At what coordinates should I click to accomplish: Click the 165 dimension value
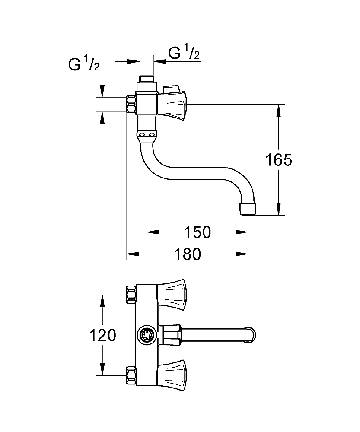point(278,160)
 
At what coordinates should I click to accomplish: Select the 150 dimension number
point(198,232)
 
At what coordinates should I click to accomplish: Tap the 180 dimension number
point(188,254)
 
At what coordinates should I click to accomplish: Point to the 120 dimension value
point(102,335)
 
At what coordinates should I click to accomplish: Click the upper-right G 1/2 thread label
point(184,52)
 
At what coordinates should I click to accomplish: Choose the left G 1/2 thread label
point(84,63)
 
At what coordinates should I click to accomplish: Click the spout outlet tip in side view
point(248,209)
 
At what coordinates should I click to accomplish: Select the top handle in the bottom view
point(172,295)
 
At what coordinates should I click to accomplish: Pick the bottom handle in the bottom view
point(172,375)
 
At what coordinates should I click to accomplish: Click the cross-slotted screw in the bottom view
point(146,335)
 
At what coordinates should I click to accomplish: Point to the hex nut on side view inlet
point(131,104)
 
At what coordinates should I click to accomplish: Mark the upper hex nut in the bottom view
point(131,295)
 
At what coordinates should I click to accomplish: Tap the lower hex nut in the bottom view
point(131,375)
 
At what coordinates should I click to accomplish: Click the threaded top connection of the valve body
point(147,79)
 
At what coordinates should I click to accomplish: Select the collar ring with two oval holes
point(147,135)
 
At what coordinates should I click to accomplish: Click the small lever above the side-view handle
point(171,89)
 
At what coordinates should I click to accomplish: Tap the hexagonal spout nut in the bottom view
point(172,335)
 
